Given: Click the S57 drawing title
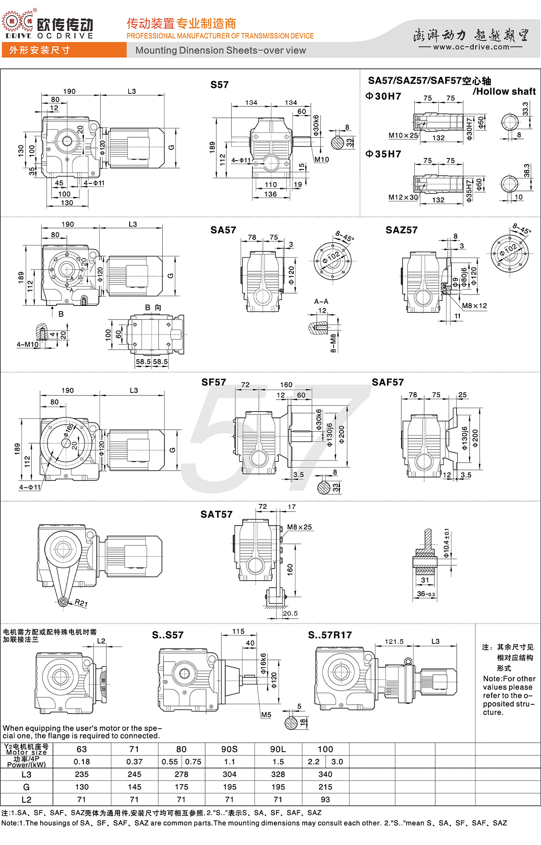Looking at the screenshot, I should point(219,85).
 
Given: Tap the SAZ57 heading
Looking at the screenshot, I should point(402,230).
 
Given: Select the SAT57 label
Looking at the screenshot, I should point(216,515).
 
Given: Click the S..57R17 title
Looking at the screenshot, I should point(330,635).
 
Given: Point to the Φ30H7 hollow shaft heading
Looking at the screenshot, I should point(383,96).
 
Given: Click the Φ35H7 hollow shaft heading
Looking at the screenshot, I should point(383,154).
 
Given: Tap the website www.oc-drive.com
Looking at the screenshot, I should point(471,47).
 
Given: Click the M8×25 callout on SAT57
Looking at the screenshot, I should point(299,527).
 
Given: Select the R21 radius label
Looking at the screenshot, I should point(81,603).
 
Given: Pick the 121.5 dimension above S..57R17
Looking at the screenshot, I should point(394,642).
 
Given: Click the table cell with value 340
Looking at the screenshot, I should point(325,774).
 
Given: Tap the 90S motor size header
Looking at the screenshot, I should point(230,749).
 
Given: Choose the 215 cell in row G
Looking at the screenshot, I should point(325,787).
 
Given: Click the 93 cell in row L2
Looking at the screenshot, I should point(325,799).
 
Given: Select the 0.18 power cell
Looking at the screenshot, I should point(82,762).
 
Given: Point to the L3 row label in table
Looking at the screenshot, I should point(26,774).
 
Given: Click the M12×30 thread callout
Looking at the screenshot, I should point(403,197).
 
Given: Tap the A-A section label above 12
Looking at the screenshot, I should point(321,302).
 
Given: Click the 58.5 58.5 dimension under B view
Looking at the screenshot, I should point(152,362).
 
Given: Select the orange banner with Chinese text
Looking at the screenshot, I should point(63,50).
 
